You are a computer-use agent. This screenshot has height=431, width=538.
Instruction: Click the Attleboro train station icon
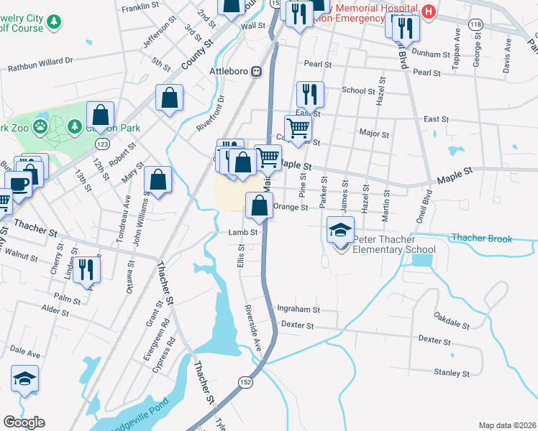click(257, 72)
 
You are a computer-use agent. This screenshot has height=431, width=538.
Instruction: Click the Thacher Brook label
click(481, 238)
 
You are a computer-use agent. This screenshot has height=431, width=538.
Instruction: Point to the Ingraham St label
click(298, 310)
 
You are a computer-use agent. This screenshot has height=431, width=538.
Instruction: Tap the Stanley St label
click(451, 373)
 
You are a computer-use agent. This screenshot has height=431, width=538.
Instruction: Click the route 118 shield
click(475, 24)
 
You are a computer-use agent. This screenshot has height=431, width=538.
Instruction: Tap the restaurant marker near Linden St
click(86, 270)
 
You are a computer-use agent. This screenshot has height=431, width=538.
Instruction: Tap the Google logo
click(24, 422)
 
